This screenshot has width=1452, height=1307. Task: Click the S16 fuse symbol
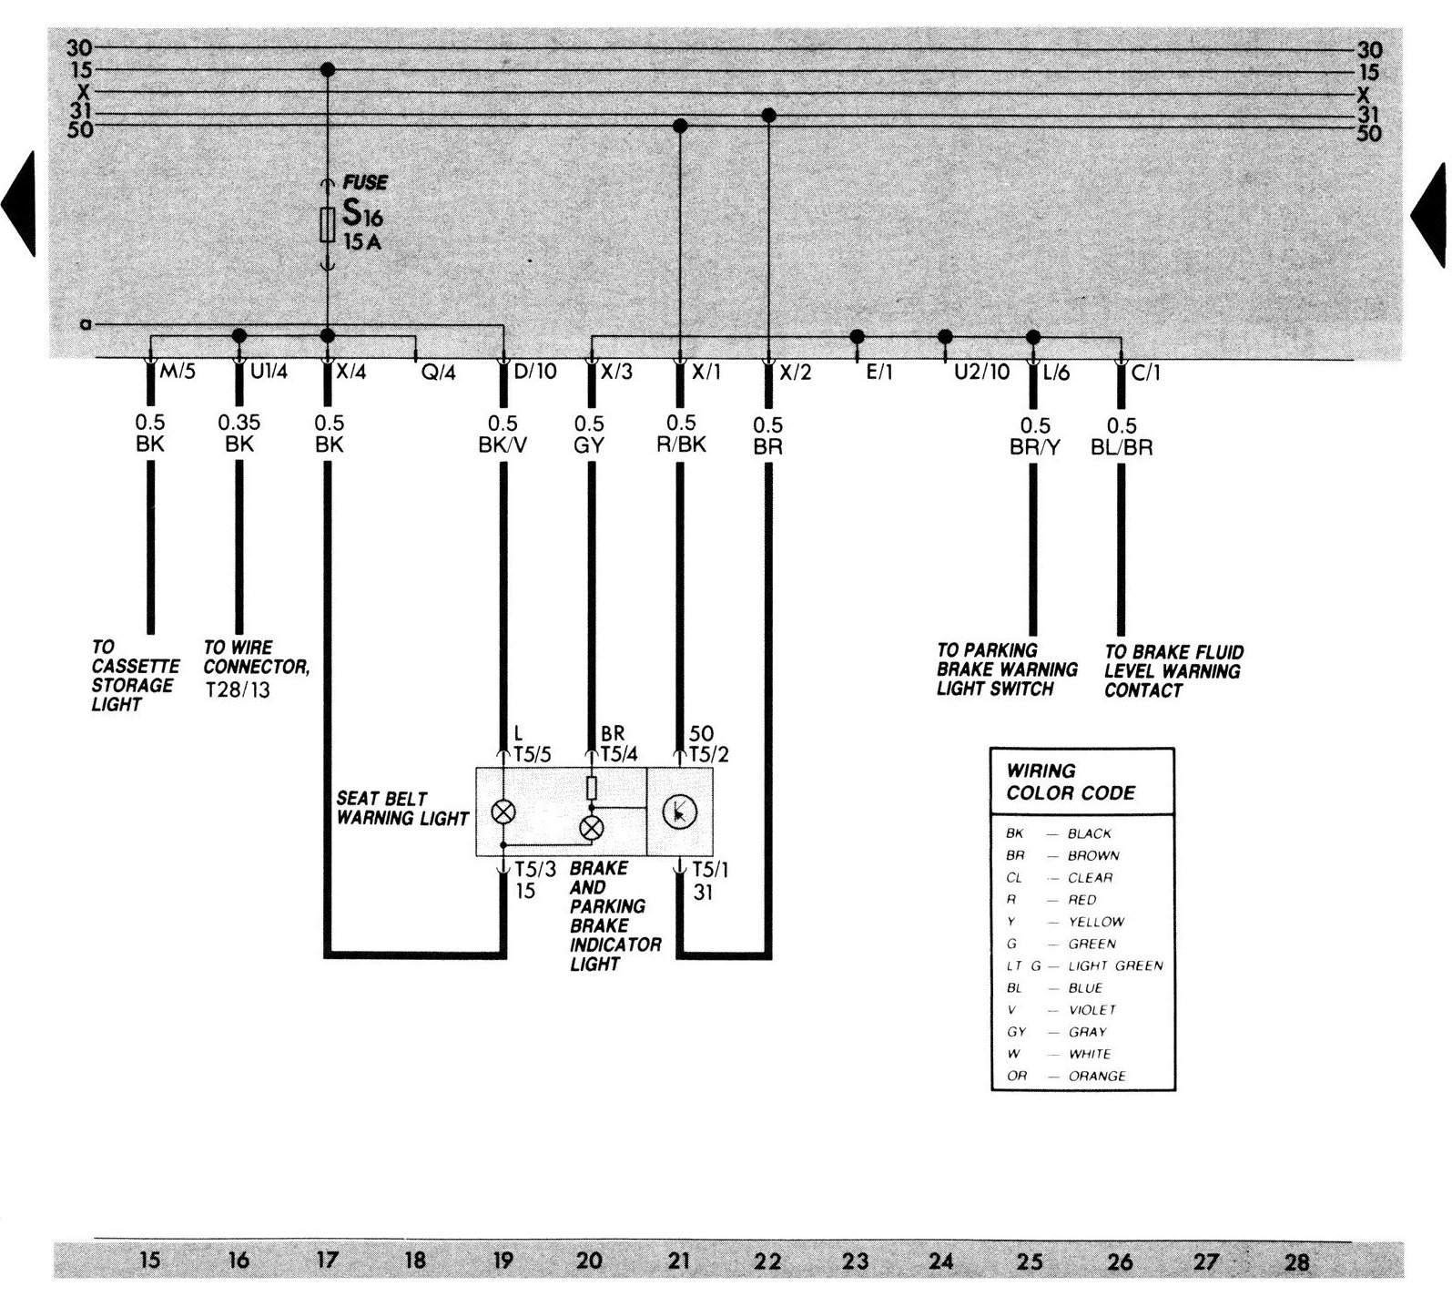pos(328,224)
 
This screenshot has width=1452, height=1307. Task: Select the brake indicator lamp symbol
pos(592,827)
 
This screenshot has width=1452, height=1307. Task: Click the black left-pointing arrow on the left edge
pos(18,204)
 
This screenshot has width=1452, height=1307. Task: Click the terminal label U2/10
pos(981,373)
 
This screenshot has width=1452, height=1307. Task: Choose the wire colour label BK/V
pos(502,445)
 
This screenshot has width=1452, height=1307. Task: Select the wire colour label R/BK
pos(680,445)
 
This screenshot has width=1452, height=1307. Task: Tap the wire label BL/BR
pos(1121,447)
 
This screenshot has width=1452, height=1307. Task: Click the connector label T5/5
pos(533,754)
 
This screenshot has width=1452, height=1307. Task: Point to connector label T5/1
pos(710,871)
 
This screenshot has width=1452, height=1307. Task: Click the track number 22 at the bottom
pos(767,1261)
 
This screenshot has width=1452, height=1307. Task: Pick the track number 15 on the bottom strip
pos(150,1261)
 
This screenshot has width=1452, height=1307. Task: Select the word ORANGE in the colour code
pos(1097,1076)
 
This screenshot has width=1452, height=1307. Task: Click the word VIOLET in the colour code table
pos(1092,1010)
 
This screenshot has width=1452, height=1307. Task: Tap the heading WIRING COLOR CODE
pos(1071,781)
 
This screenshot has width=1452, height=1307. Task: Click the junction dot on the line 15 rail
pos(328,70)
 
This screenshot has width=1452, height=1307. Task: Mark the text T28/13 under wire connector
pos(238,690)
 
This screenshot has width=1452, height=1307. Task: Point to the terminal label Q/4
pos(438,373)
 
